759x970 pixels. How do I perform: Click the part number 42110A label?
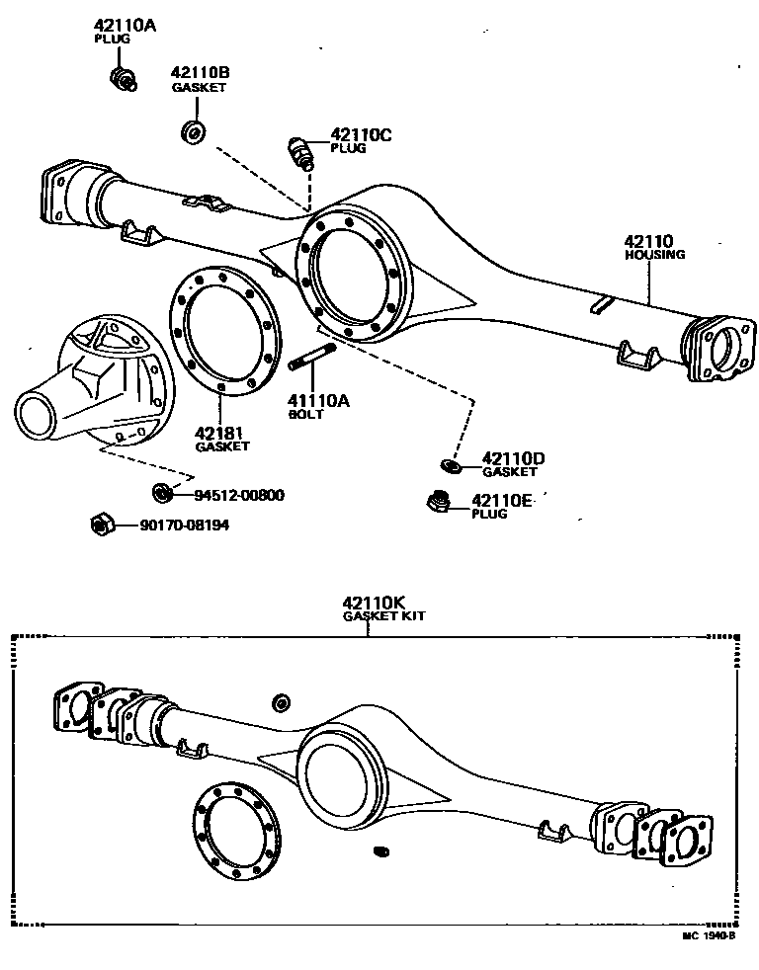(x=125, y=26)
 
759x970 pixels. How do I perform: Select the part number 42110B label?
(x=200, y=73)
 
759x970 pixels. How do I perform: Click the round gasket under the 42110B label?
(x=193, y=131)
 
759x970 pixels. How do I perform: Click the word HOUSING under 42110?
(x=654, y=255)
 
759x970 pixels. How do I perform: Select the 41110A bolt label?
(x=318, y=400)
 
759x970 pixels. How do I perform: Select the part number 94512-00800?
(x=238, y=495)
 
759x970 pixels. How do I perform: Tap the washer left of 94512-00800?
(x=160, y=492)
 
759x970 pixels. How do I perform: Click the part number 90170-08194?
(x=185, y=525)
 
